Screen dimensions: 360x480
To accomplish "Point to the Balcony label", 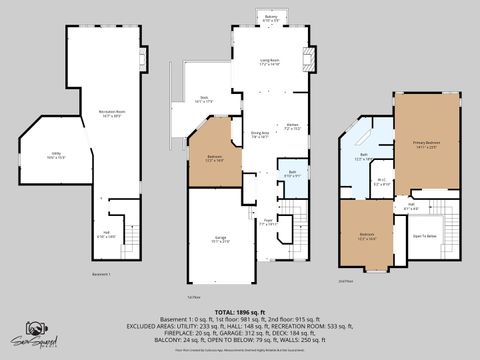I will tap(271, 18).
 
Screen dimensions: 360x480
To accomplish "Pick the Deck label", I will tap(202, 99).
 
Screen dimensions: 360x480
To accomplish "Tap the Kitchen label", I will tap(292, 127).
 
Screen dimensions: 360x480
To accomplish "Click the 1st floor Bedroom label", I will tap(215, 158).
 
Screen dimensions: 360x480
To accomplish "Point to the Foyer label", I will tap(268, 222).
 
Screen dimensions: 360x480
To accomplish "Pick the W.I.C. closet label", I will tap(381, 182).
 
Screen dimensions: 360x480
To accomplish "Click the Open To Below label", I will tap(425, 236).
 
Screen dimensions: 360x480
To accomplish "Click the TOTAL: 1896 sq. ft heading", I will tap(239, 311).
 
